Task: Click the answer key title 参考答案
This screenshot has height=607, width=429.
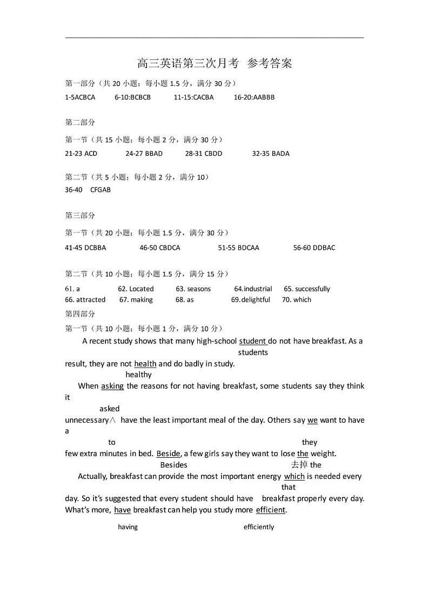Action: (269, 63)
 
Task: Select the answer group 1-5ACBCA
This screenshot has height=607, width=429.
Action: (80, 97)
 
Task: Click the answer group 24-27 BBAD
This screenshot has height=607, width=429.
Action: (144, 154)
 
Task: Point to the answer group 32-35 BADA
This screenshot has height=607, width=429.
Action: (271, 154)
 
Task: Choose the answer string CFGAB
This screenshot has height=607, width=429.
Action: (100, 190)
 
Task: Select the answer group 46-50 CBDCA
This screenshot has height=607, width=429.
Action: (160, 248)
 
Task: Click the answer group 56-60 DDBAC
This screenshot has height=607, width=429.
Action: (314, 248)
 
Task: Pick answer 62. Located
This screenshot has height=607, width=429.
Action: (136, 289)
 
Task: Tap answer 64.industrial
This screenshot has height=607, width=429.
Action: (253, 289)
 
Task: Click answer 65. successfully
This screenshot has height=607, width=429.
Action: (307, 289)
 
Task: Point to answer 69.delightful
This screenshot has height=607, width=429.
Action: (251, 299)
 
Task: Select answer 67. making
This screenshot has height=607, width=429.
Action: (136, 299)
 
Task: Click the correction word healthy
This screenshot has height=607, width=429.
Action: (139, 375)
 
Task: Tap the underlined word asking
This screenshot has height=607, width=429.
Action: (112, 386)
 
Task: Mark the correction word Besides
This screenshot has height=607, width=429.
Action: (174, 465)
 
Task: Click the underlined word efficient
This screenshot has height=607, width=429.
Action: (271, 510)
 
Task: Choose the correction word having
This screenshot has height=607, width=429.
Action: (128, 527)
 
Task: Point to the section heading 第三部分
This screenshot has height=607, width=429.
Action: (80, 215)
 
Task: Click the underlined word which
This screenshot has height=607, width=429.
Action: (294, 476)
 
